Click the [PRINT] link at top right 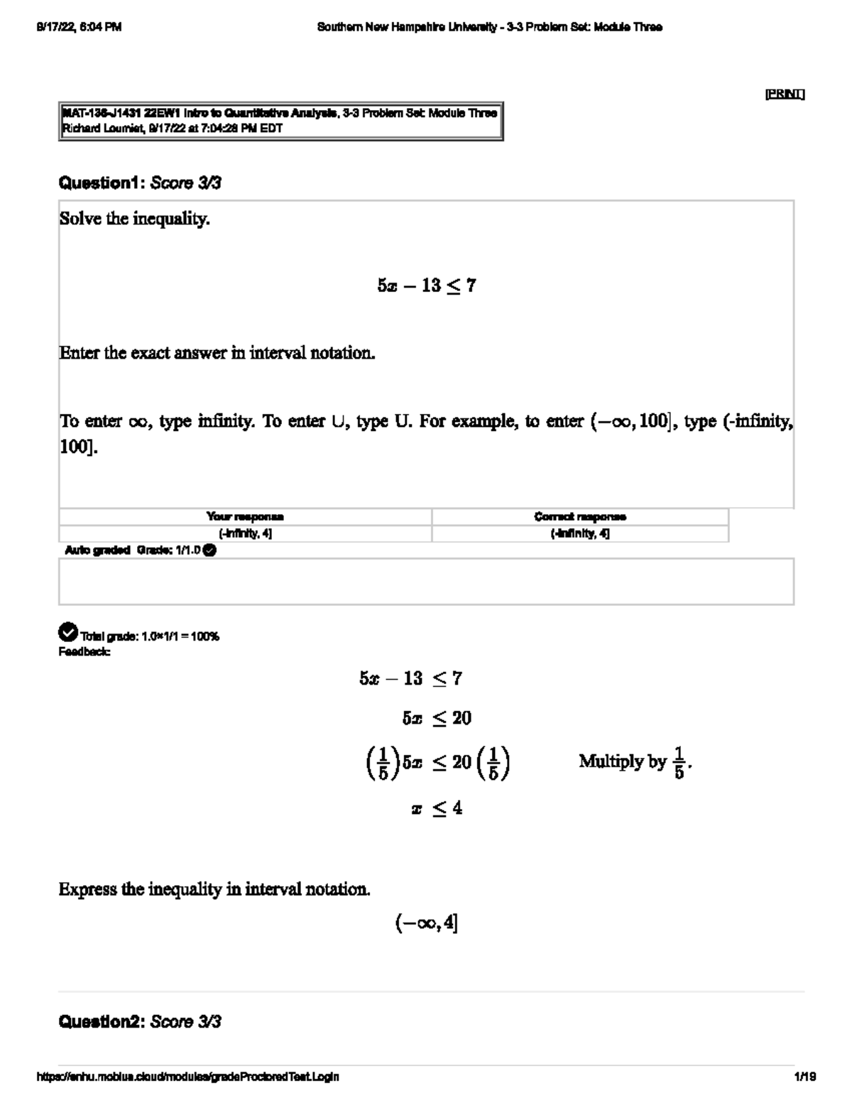pos(784,94)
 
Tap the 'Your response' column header pos(245,516)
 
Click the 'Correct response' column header pos(580,516)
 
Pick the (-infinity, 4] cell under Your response pos(245,533)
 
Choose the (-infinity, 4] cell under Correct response pos(580,533)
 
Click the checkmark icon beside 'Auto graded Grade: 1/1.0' pos(209,550)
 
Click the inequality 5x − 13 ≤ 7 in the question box pos(427,286)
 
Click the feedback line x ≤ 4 pos(437,808)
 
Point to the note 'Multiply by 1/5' pos(635,762)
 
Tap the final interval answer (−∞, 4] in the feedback pos(427,923)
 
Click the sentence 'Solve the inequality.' pos(135,219)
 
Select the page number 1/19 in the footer pos(805,1077)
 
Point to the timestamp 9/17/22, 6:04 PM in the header pos(78,27)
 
